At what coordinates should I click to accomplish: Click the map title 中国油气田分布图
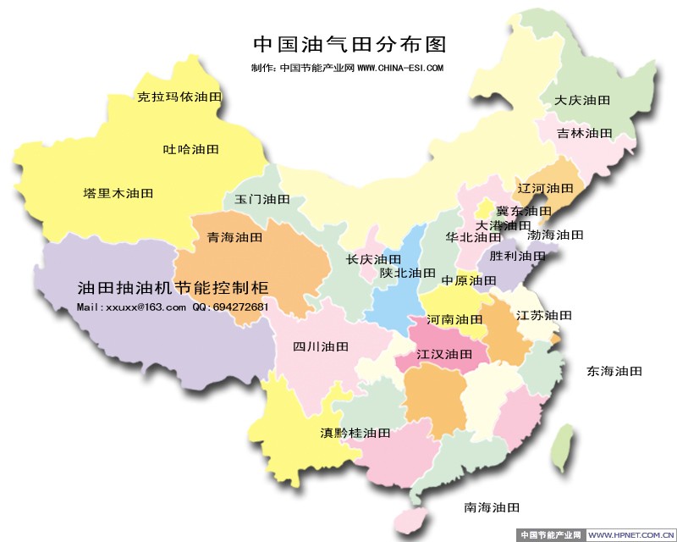[x=350, y=43]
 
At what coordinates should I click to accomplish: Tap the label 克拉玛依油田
[x=179, y=97]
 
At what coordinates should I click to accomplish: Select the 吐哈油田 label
[x=190, y=149]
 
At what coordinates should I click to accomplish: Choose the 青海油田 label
[x=235, y=238]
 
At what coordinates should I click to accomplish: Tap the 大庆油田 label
[x=582, y=100]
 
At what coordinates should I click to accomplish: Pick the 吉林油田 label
[x=584, y=133]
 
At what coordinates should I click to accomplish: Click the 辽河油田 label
[x=545, y=188]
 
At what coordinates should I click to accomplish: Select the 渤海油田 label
[x=556, y=235]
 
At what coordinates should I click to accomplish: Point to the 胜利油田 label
[x=518, y=256]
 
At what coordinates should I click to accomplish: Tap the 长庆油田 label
[x=373, y=259]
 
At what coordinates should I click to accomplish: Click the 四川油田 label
[x=321, y=346]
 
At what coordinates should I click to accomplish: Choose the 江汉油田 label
[x=444, y=354]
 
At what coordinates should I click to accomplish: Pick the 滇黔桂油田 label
[x=355, y=433]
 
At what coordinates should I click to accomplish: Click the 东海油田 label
[x=614, y=371]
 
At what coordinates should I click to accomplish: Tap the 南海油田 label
[x=491, y=507]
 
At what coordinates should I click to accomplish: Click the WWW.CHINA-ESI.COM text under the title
[x=400, y=68]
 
